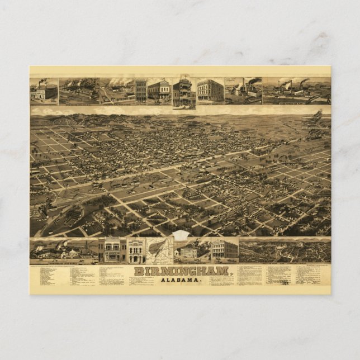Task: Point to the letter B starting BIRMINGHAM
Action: [138, 271]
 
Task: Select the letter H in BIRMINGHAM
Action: [209, 271]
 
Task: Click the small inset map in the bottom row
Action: [159, 250]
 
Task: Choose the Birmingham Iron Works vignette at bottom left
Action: [64, 250]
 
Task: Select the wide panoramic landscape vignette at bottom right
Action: [285, 250]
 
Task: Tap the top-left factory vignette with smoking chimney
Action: [44, 91]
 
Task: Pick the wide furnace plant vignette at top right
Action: [296, 91]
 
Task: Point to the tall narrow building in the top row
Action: [140, 91]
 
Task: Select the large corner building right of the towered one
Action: [210, 91]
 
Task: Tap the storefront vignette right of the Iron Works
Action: [112, 250]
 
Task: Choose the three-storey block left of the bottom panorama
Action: [224, 249]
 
